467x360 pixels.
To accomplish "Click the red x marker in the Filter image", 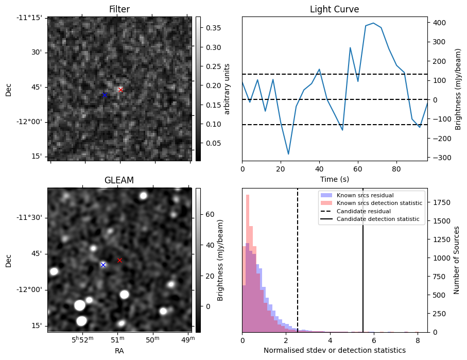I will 120,90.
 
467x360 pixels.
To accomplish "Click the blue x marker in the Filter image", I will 105,95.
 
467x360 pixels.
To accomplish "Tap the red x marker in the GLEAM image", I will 119,260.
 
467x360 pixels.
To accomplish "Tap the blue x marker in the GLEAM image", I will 103,265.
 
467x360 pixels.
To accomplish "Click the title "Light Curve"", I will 334,9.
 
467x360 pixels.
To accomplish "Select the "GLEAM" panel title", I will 119,180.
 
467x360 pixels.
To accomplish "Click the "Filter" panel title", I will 119,9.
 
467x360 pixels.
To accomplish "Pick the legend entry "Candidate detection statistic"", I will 377,219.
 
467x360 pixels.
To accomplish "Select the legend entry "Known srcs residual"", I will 365,195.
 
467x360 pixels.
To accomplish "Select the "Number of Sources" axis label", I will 456,260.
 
